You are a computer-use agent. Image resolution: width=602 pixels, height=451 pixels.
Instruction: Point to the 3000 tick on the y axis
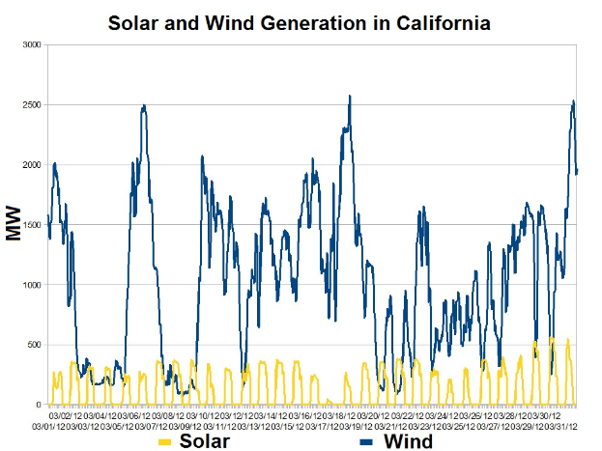click(x=32, y=44)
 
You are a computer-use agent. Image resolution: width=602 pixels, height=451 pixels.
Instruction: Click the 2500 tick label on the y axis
click(x=32, y=104)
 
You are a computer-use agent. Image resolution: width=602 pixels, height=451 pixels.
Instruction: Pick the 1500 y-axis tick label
click(x=32, y=225)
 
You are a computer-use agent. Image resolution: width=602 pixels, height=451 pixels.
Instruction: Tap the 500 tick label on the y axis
click(x=34, y=345)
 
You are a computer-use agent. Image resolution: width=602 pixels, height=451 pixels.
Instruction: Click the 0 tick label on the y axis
click(x=39, y=405)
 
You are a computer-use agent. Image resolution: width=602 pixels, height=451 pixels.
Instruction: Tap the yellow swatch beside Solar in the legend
click(x=164, y=442)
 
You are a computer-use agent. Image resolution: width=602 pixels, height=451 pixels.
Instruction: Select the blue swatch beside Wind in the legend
click(x=370, y=442)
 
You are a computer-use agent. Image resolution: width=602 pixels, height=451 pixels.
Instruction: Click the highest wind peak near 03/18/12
click(x=349, y=96)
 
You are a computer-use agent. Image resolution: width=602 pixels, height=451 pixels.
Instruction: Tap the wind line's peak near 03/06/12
click(x=144, y=106)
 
